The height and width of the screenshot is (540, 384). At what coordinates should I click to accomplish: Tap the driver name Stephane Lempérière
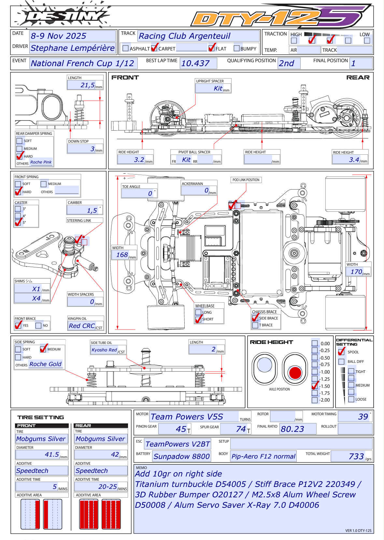click(x=73, y=48)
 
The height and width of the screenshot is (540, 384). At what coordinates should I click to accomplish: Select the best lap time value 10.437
click(x=195, y=64)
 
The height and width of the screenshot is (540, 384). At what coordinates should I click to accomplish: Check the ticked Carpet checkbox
click(x=154, y=48)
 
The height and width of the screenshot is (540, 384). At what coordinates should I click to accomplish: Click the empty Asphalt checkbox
click(x=125, y=48)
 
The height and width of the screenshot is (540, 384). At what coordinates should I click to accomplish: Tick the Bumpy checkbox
click(x=236, y=48)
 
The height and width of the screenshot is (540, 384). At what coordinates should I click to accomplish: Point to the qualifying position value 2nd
click(x=286, y=64)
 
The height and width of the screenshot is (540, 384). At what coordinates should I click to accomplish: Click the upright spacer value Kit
click(x=218, y=89)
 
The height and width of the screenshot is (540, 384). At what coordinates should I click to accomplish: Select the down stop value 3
click(x=92, y=149)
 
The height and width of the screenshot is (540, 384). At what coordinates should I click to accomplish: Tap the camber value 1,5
click(x=92, y=211)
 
